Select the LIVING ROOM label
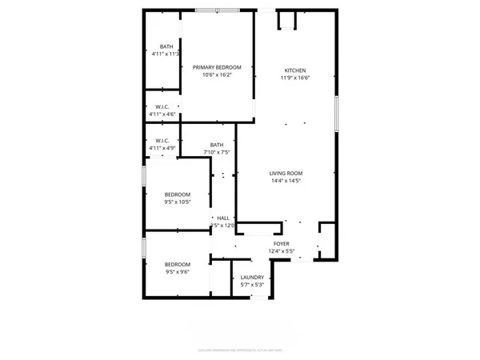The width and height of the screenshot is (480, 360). click(x=285, y=173)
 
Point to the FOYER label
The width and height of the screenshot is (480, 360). click(x=281, y=243)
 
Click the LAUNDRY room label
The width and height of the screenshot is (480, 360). click(x=252, y=277)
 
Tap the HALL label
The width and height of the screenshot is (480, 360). click(x=223, y=218)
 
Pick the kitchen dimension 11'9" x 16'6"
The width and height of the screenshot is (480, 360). click(x=294, y=78)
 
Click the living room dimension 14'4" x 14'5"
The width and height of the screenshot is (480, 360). click(x=285, y=181)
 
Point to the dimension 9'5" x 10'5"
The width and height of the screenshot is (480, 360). click(x=178, y=202)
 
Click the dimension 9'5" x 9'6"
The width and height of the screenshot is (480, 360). click(x=178, y=272)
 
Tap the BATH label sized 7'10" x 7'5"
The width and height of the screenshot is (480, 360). click(x=216, y=145)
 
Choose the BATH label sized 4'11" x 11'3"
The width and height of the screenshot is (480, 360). click(x=166, y=46)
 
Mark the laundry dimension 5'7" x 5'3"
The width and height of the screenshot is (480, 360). click(x=252, y=285)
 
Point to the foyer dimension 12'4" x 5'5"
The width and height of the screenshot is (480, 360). click(x=281, y=251)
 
